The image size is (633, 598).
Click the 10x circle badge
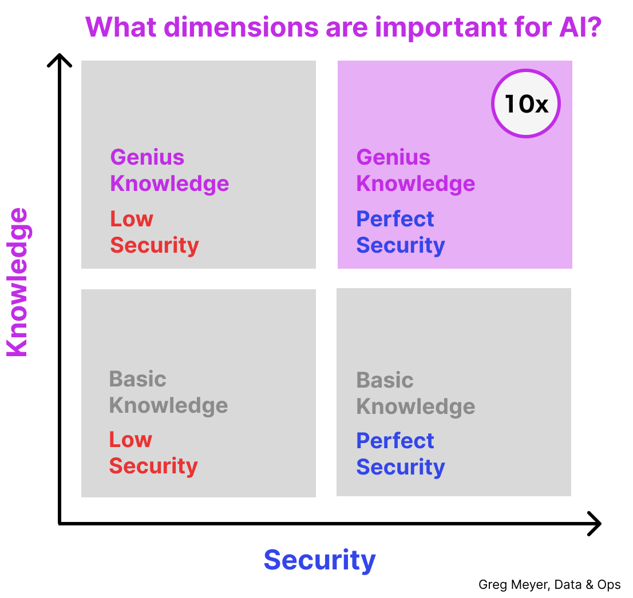[526, 103]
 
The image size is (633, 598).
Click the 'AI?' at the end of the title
[576, 27]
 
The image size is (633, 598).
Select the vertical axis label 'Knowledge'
[17, 282]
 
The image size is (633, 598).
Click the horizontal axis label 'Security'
[319, 560]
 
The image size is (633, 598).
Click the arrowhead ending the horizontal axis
[596, 524]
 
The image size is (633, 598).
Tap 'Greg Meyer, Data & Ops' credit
[549, 585]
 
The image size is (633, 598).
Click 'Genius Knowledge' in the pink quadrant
[416, 170]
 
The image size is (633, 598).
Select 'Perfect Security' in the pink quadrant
[400, 232]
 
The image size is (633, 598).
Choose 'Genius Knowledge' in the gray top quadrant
[169, 170]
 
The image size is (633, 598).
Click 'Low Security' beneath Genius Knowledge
[154, 232]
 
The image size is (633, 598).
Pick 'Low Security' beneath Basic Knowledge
[153, 453]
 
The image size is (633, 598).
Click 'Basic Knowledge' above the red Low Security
[168, 392]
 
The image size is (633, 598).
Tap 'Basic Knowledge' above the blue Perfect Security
[416, 393]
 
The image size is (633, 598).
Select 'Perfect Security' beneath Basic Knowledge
[400, 454]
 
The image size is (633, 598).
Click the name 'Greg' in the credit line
[491, 585]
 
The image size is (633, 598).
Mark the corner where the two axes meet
[60, 523]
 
